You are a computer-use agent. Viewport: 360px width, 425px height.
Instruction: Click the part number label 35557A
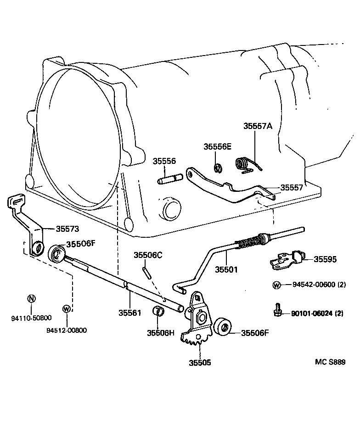(258, 126)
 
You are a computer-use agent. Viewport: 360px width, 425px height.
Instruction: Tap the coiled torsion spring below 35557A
(246, 164)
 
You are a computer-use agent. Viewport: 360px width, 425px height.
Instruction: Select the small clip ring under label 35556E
(218, 168)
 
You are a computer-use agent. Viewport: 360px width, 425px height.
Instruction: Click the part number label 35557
(292, 187)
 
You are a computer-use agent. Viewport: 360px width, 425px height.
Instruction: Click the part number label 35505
(200, 362)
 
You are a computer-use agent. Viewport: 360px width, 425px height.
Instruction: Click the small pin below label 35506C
(146, 271)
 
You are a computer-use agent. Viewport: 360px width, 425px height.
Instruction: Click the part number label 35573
(67, 228)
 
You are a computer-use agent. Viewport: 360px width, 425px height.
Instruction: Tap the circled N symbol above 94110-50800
(31, 298)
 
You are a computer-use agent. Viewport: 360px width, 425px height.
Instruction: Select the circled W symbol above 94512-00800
(67, 308)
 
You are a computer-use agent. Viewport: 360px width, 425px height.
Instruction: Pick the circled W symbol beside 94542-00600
(276, 285)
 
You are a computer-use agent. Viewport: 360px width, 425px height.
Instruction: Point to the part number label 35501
(226, 269)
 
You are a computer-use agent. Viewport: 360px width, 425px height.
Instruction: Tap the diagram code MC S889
(330, 362)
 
